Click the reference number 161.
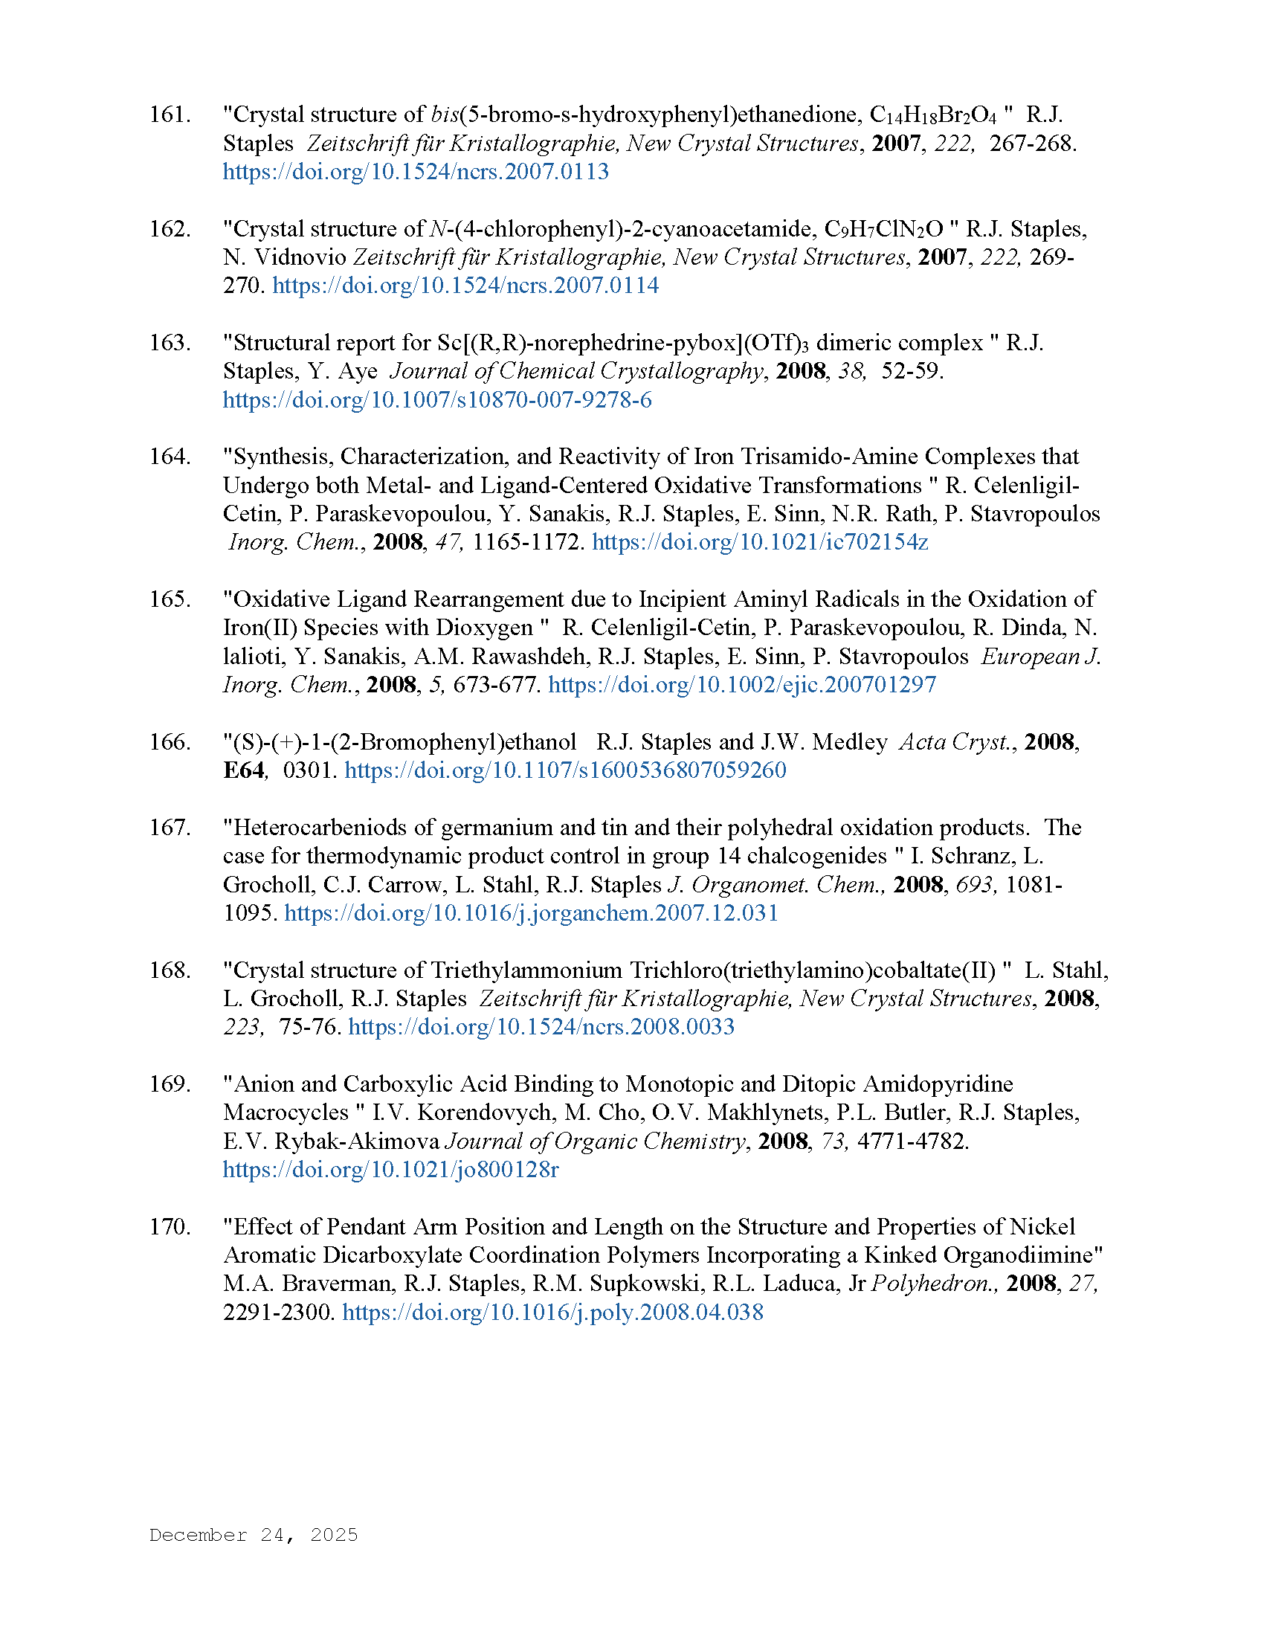(x=170, y=115)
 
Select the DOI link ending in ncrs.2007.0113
(x=416, y=172)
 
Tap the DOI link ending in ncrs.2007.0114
(x=465, y=286)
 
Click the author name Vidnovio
(x=300, y=257)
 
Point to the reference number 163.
(x=170, y=343)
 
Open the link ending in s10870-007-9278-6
(x=437, y=400)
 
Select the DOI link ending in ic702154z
(x=759, y=542)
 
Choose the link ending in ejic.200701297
(x=741, y=685)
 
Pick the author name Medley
(x=849, y=741)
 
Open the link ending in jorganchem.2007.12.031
(x=531, y=913)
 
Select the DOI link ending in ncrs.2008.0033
(x=541, y=1027)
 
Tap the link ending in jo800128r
(x=391, y=1169)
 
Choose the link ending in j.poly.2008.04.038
(x=552, y=1313)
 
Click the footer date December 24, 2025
(x=253, y=1535)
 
